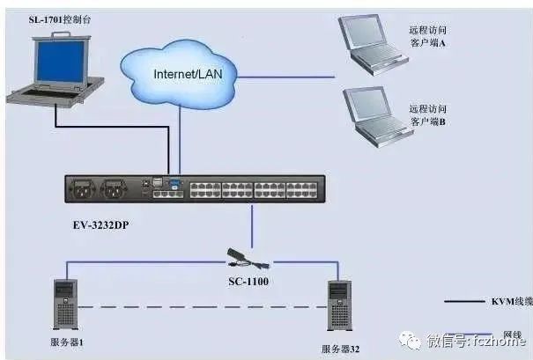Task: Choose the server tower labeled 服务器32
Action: [x=340, y=305]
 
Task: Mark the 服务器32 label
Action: [x=341, y=349]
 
